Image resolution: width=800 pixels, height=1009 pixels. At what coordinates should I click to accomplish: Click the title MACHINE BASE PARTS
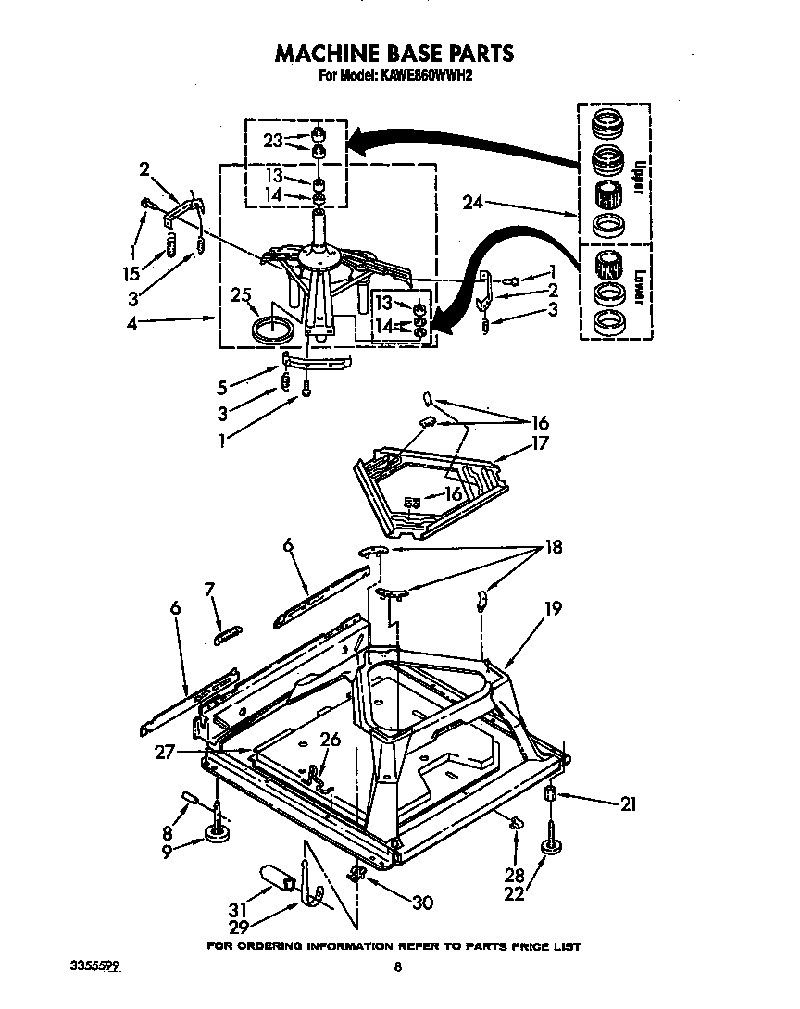point(394,54)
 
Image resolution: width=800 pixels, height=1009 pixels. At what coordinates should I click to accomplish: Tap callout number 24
point(471,204)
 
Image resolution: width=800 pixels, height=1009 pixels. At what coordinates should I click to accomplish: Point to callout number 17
point(540,443)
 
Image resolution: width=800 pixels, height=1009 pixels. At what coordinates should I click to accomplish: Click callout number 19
point(554,609)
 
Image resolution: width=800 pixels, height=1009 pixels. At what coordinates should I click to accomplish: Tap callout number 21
point(629,804)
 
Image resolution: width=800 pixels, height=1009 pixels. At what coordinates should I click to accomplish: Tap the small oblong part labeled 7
point(227,632)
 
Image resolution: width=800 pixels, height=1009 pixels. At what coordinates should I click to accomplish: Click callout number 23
point(271,142)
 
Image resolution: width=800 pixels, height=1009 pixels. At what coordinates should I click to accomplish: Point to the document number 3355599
point(95,966)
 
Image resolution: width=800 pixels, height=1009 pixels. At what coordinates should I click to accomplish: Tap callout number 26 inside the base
point(330,740)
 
